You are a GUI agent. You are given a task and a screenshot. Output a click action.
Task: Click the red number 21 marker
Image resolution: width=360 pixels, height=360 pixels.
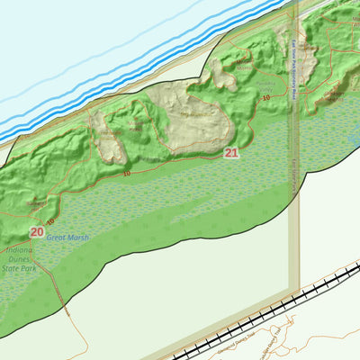click(231, 153)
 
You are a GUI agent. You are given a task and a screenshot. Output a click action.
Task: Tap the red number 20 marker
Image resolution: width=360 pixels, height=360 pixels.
click(36, 231)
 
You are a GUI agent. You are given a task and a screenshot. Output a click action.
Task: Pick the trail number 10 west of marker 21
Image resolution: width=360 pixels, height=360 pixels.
click(126, 172)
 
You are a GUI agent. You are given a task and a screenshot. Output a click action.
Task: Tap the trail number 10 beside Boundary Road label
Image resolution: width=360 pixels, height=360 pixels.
click(266, 97)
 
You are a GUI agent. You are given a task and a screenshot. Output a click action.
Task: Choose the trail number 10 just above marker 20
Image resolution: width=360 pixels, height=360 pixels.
click(49, 220)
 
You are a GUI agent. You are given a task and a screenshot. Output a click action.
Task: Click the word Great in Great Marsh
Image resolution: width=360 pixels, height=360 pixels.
click(56, 237)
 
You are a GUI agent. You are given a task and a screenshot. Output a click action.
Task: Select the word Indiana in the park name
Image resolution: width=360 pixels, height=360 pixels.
click(18, 249)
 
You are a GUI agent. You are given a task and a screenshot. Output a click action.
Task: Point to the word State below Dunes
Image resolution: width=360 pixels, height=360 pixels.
click(16, 268)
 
